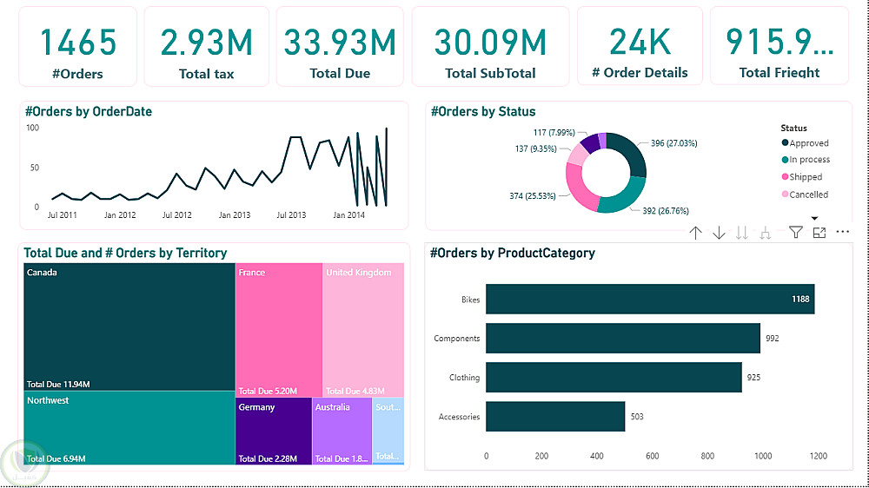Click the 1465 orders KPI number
coord(78,42)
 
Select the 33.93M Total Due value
coord(340,42)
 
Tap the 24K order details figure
coord(640,42)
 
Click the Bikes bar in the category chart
coord(650,299)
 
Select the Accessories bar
coord(555,417)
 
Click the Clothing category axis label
coord(464,378)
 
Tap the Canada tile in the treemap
coord(129,326)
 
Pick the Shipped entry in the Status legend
coord(805,177)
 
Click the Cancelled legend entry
coord(807,195)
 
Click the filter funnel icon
coord(795,232)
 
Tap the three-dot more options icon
coord(842,232)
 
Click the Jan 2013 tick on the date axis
coord(235,214)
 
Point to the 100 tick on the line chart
coord(32,128)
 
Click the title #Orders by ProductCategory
coord(513,254)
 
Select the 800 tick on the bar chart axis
coord(707,456)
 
